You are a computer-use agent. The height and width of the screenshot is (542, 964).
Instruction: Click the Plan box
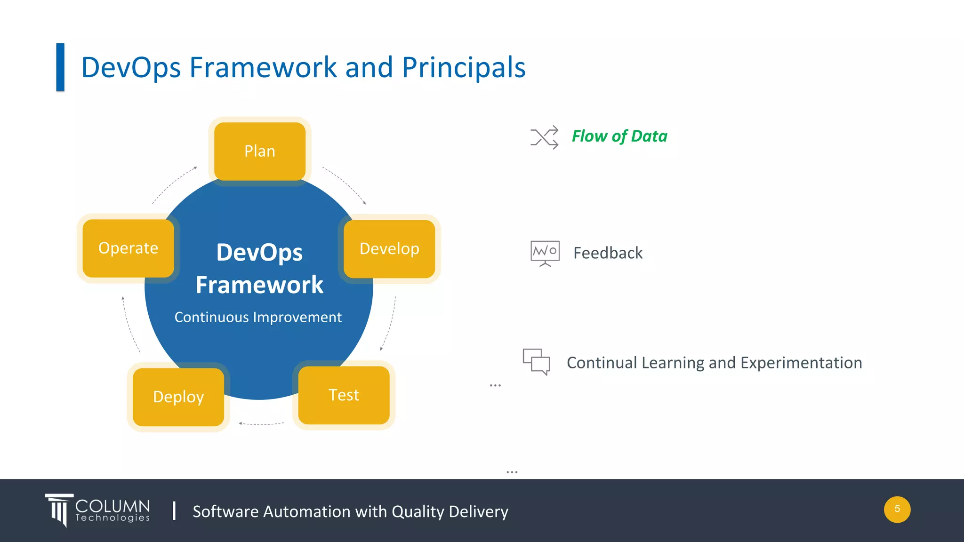(x=259, y=151)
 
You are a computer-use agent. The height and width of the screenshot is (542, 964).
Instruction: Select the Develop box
(x=389, y=248)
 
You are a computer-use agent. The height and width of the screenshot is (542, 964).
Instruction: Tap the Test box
(x=344, y=395)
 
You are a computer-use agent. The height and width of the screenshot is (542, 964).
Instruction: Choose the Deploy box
(x=178, y=397)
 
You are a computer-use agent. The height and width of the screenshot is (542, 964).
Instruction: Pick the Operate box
(x=128, y=248)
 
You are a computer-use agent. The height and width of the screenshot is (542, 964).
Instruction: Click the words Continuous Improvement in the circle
(x=258, y=317)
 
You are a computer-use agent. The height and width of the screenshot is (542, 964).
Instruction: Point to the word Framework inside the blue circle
(x=259, y=285)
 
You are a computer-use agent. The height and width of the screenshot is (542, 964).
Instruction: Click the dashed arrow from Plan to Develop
(x=346, y=184)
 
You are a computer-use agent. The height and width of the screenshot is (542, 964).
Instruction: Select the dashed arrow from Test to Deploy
(x=261, y=424)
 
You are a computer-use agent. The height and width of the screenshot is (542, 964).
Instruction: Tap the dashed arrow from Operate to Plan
(x=173, y=184)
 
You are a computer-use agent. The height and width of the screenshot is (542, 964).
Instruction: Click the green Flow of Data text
(x=619, y=136)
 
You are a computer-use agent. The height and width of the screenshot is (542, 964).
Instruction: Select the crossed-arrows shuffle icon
(x=545, y=137)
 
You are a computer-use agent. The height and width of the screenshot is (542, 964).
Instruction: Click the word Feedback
(x=608, y=253)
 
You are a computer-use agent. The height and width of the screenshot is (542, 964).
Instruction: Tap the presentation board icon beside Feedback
(x=545, y=253)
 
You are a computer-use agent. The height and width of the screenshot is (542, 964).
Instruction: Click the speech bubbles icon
(x=536, y=361)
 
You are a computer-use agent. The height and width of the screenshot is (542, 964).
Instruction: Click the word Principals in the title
(x=464, y=67)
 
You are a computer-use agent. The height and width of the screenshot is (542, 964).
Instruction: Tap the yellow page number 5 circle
(x=897, y=509)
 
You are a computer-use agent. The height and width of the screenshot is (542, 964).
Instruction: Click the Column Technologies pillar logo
(x=59, y=510)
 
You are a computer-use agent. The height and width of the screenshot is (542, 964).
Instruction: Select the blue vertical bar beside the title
(x=60, y=67)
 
